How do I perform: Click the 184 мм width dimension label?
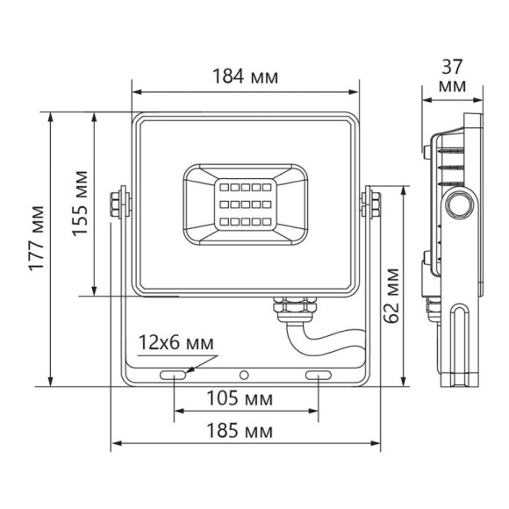point(245,77)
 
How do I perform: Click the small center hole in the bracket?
point(246,376)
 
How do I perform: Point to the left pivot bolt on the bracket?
point(117,203)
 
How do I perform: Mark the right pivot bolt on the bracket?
point(374,203)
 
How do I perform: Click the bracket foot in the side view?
point(461,347)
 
